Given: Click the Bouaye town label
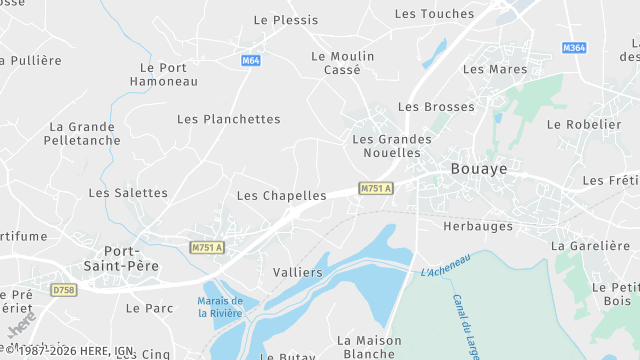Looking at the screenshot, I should [479, 170].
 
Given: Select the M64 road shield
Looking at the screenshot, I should [251, 61].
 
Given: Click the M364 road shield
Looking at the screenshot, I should [574, 48].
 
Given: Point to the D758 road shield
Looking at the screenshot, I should [64, 290].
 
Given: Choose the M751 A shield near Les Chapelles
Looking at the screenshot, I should [376, 188].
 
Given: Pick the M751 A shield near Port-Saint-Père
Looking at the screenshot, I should [207, 248].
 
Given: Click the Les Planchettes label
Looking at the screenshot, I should [228, 119].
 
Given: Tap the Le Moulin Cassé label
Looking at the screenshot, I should [342, 63].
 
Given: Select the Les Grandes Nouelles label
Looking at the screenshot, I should [392, 146].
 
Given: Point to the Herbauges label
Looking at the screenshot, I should [478, 226].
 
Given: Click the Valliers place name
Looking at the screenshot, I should [298, 272].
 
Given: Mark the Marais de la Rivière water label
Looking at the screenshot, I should [220, 307].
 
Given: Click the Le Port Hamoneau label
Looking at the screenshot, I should [164, 74].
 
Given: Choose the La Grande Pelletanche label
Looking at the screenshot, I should [82, 134].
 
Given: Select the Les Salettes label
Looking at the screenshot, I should [128, 193].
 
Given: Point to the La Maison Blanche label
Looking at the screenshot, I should [369, 347].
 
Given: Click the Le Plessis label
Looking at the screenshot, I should [286, 20].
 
